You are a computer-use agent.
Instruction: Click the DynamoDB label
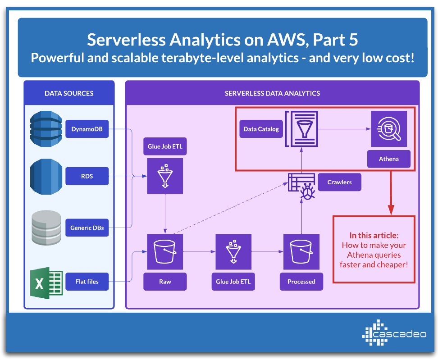point(87,129)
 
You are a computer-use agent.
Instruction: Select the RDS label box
point(87,176)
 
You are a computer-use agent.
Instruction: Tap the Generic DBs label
point(87,228)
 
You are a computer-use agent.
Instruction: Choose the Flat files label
point(87,282)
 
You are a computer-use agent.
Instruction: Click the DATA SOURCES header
point(69,93)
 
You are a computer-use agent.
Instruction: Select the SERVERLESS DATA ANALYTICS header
point(272,93)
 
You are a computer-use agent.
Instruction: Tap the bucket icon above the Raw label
point(165,251)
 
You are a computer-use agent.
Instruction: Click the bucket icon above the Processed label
point(301,251)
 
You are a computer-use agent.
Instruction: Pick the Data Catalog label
point(261,129)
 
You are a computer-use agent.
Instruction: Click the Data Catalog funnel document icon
point(301,129)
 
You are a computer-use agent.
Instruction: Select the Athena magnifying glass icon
point(388,129)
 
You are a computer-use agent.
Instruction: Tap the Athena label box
point(388,159)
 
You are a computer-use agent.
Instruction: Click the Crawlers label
point(340,182)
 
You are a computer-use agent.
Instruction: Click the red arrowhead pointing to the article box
point(391,210)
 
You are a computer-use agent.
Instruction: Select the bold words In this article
point(374,235)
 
